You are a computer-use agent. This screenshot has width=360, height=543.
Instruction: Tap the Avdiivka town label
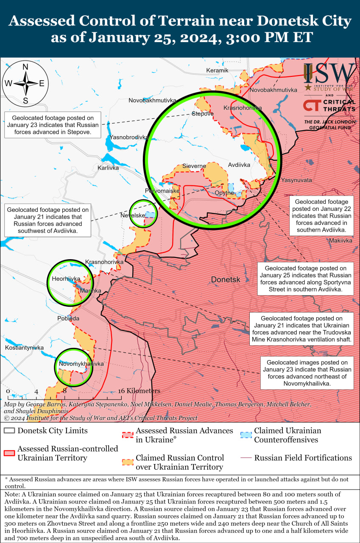(x=239, y=165)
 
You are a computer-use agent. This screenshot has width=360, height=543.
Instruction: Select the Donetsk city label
(x=226, y=280)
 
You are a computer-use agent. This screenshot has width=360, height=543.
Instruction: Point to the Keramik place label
(x=217, y=70)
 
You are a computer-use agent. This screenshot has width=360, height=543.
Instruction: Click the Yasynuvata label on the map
(x=296, y=180)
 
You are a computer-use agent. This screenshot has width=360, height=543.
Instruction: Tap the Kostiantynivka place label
(x=24, y=348)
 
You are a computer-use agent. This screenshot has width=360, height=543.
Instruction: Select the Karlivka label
(x=108, y=168)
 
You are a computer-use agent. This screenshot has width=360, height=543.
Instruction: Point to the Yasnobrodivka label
(x=129, y=137)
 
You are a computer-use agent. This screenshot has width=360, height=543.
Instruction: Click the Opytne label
(x=224, y=193)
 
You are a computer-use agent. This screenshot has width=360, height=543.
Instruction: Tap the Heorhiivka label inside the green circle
(x=66, y=279)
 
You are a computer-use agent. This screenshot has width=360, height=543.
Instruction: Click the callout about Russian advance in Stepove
(x=53, y=125)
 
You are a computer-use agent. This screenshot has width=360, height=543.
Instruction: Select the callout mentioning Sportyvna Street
(x=305, y=279)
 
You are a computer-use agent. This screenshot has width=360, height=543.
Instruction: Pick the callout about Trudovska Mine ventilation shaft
(x=301, y=329)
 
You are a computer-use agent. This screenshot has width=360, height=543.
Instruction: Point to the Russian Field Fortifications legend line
(x=246, y=458)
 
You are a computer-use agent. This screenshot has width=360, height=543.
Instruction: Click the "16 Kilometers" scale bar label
(x=139, y=391)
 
